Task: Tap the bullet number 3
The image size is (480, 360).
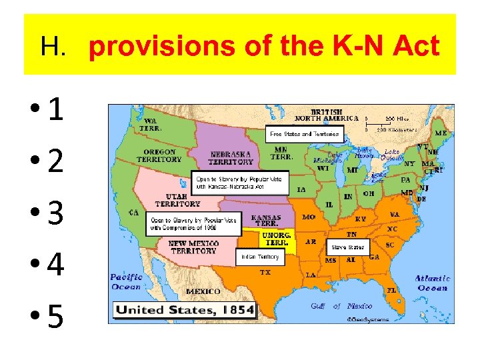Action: coord(56,214)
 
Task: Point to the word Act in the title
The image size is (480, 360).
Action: coord(415,47)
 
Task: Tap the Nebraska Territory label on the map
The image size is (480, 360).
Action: coord(231,158)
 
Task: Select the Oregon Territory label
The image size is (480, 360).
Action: coord(159,156)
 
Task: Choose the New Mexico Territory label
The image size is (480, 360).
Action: coord(193,247)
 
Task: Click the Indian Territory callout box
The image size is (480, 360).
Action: coord(261,257)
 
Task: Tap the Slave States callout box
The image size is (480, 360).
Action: coord(347,247)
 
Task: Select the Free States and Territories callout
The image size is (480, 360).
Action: coord(303,134)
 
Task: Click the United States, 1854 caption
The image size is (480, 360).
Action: coord(185,309)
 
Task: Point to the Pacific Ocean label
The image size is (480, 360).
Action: coord(127,282)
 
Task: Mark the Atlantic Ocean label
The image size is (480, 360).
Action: coord(432,283)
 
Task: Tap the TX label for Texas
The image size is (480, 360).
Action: coord(265,272)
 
